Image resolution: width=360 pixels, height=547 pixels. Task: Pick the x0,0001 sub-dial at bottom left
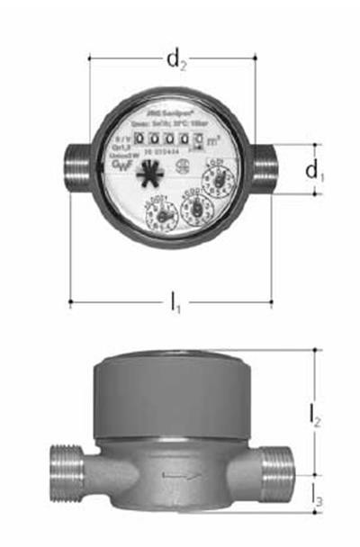[x=162, y=215]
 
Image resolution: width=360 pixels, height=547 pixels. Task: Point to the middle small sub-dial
[x=196, y=210]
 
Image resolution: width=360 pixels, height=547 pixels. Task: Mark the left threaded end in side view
[x=59, y=471]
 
